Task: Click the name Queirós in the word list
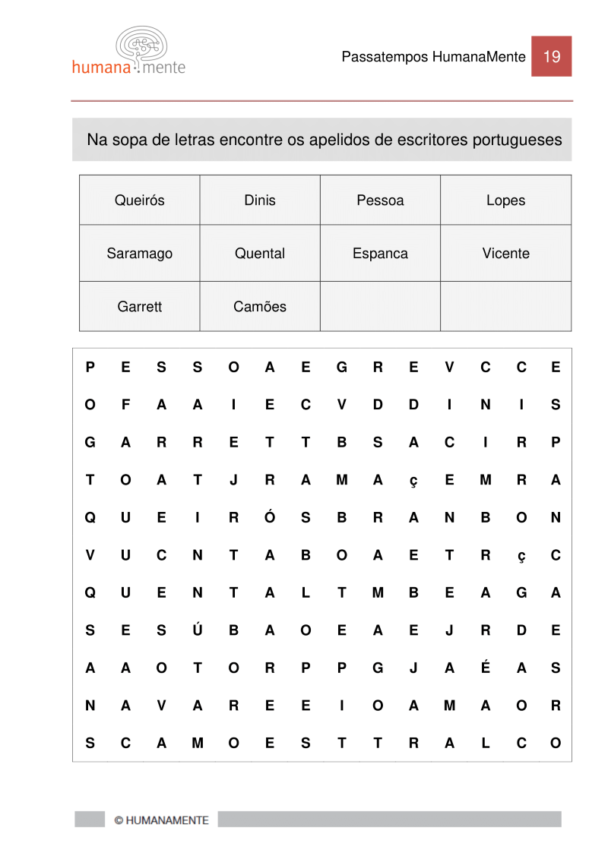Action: tap(139, 201)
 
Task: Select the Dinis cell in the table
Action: tap(260, 201)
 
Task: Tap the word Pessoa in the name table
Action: tap(380, 201)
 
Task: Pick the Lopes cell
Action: tap(505, 201)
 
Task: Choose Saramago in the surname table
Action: tap(139, 254)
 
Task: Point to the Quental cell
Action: tap(260, 254)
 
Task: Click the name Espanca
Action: tap(380, 254)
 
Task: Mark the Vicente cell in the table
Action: tap(505, 254)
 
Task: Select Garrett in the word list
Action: tap(139, 307)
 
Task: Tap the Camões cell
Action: tap(260, 307)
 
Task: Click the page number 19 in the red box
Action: tap(552, 56)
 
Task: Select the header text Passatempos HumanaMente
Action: tap(433, 57)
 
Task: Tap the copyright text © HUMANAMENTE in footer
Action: tap(160, 820)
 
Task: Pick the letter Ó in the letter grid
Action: tap(269, 517)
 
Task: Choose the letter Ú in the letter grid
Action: tap(198, 630)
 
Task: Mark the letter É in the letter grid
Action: tap(485, 667)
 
